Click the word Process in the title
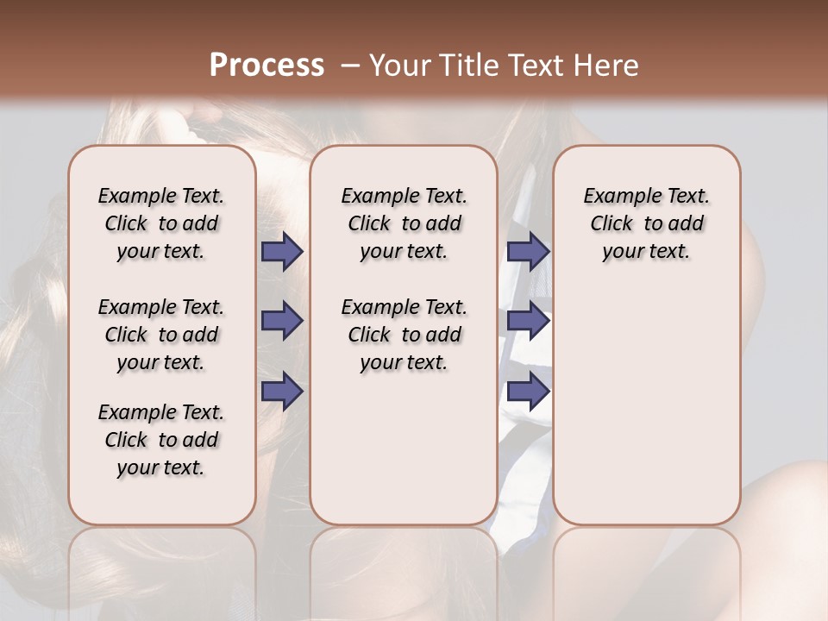point(267,66)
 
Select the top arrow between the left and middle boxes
point(282,252)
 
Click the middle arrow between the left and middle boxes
point(282,322)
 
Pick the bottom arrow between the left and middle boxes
point(282,392)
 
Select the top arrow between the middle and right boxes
point(528,252)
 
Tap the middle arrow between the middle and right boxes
point(528,322)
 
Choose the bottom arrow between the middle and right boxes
point(528,392)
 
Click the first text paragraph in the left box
point(161,223)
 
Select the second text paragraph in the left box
point(161,335)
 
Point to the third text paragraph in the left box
point(161,440)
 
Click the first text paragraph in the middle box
point(404,223)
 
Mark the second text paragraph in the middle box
point(404,335)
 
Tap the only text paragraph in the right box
point(646,223)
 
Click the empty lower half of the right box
point(646,414)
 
